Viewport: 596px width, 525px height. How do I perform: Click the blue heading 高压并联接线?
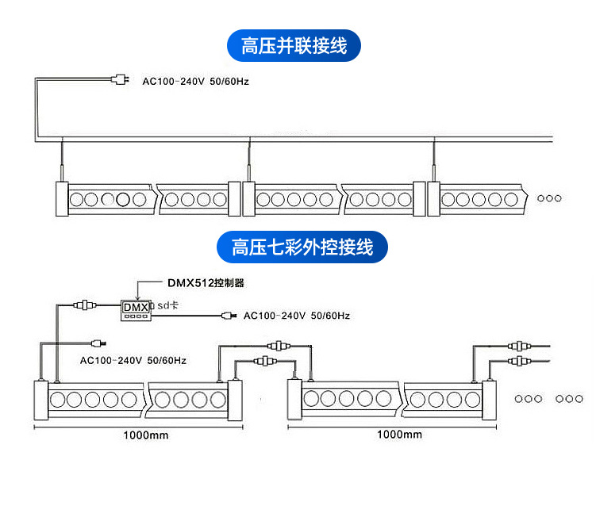pyautogui.click(x=294, y=45)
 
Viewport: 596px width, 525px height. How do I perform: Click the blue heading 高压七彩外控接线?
pyautogui.click(x=302, y=247)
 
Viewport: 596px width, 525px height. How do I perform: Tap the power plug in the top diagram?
pyautogui.click(x=120, y=79)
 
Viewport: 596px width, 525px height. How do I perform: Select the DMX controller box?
pyautogui.click(x=136, y=310)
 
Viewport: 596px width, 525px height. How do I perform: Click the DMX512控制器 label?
pyautogui.click(x=206, y=283)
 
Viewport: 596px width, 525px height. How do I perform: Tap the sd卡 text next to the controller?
pyautogui.click(x=167, y=305)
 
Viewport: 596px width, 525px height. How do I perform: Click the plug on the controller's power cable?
pyautogui.click(x=229, y=316)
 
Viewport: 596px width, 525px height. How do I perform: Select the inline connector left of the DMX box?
pyautogui.click(x=85, y=305)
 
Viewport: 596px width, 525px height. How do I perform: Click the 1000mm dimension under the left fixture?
pyautogui.click(x=146, y=435)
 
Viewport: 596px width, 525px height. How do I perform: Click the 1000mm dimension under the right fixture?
pyautogui.click(x=399, y=435)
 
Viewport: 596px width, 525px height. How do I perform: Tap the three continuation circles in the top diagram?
pyautogui.click(x=549, y=198)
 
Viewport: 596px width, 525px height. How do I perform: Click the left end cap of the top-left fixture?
pyautogui.click(x=62, y=199)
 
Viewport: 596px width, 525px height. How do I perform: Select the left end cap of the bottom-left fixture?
pyautogui.click(x=41, y=400)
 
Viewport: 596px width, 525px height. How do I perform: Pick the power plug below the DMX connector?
pyautogui.click(x=99, y=344)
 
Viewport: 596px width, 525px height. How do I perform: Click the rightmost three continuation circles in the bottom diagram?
pyautogui.click(x=569, y=399)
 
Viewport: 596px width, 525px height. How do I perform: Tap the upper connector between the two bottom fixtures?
pyautogui.click(x=279, y=346)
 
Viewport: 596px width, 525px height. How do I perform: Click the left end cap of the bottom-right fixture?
pyautogui.click(x=294, y=399)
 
